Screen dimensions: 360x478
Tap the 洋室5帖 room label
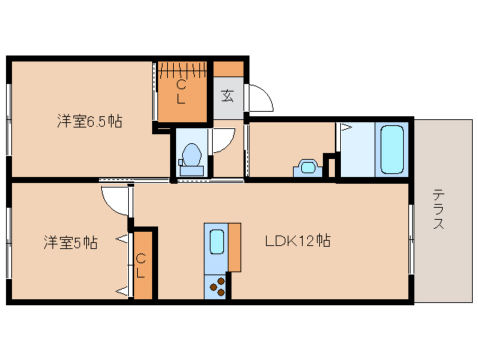70,242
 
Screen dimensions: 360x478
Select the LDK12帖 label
297,241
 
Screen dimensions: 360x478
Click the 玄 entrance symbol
228,95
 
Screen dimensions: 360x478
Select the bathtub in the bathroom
393,149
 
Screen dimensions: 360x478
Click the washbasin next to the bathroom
307,166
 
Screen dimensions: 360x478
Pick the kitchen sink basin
216,243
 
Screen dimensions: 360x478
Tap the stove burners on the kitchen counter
216,286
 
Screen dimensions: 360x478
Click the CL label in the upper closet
181,93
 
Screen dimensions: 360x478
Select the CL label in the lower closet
141,266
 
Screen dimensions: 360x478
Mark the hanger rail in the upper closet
182,70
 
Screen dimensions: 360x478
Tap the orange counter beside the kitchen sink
235,247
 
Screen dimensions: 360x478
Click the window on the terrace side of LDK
411,239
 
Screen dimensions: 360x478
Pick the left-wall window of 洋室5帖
9,242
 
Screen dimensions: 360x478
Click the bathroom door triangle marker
345,128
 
